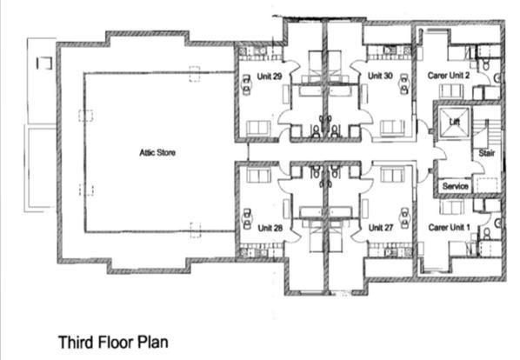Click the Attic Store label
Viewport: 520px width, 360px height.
coord(157,152)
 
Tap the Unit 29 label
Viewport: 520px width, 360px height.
coord(270,77)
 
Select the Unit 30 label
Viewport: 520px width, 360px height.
coord(380,76)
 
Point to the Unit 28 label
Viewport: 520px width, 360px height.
coord(270,228)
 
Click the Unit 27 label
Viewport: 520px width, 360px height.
coord(381,228)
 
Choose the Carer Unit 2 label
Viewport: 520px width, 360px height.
coord(449,76)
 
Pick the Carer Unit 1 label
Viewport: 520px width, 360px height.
coord(449,228)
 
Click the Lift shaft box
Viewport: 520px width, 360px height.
coord(454,122)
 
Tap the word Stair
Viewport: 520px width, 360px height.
coord(486,153)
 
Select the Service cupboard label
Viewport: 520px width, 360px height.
coord(455,186)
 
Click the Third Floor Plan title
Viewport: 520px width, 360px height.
coord(113,342)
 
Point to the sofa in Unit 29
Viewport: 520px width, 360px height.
coord(258,129)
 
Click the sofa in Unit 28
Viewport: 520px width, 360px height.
coord(258,175)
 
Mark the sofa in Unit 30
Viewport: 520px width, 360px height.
coord(392,128)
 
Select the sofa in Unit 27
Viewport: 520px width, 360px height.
coord(392,175)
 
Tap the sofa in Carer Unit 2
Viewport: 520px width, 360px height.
coord(451,91)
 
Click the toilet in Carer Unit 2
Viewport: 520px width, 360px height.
coord(486,64)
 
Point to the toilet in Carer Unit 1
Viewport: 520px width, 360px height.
coord(486,233)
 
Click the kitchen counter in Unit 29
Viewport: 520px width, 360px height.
coord(261,53)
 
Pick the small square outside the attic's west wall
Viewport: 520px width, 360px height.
coord(44,63)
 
